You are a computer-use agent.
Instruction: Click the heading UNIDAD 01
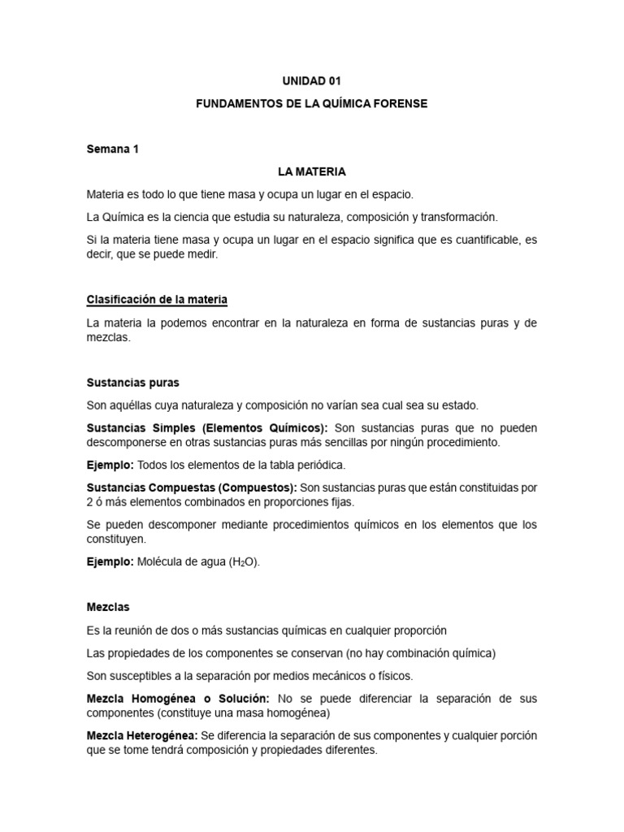311,81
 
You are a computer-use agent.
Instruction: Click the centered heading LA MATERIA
311,171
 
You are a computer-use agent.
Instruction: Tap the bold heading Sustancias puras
132,382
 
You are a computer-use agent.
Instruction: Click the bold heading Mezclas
108,607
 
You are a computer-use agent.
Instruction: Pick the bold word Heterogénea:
165,735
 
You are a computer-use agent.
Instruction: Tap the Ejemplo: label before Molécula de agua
110,561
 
